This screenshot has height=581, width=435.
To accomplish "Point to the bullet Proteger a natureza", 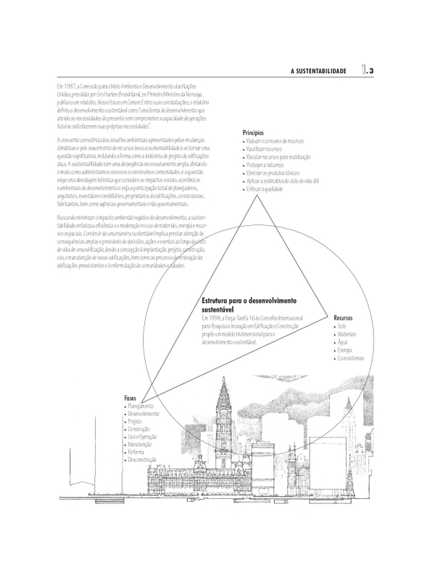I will (265, 163).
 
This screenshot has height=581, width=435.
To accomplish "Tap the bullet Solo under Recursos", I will (341, 327).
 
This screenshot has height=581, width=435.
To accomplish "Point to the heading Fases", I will (131, 398).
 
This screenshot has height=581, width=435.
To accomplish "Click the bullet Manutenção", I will (142, 445).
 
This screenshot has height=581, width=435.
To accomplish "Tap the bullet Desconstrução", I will (144, 461).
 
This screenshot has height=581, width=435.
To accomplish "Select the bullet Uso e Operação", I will (145, 437).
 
